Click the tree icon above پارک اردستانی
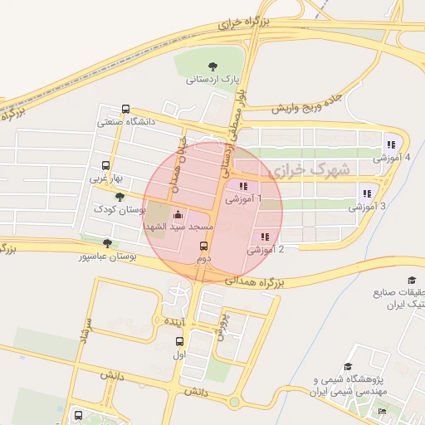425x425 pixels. pos(213,66)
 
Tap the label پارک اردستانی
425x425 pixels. pos(212,81)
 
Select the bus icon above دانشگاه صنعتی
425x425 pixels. pos(125,109)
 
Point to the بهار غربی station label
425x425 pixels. pos(106,178)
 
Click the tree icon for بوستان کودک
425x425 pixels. pos(120,197)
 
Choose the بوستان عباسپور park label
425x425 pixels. pos(106,256)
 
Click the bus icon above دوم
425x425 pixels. pos(203,247)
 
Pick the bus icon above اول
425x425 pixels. pos(180,341)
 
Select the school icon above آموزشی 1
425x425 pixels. pos(243,186)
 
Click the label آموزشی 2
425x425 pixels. pos(266,249)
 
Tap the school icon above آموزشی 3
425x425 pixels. pos(367,193)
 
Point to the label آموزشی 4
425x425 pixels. pos(391,157)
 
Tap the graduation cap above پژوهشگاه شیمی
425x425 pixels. pos(348,366)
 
